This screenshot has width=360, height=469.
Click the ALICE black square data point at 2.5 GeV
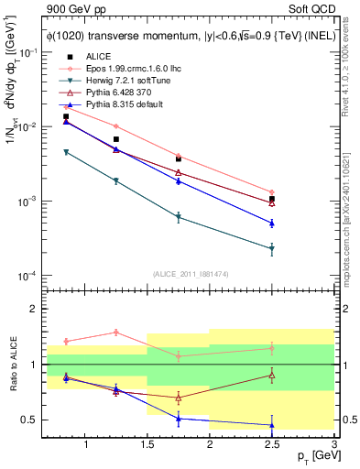(272, 199)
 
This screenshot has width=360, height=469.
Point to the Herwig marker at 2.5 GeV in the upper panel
(272, 249)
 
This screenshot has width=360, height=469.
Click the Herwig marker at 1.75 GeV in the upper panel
(179, 217)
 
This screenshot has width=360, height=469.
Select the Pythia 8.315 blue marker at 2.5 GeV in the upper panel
(272, 223)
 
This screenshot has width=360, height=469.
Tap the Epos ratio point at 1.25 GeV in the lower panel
(116, 333)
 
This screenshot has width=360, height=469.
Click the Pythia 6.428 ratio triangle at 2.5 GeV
(272, 375)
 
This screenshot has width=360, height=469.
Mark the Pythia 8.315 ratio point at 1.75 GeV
(179, 419)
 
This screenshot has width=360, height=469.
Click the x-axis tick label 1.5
(147, 445)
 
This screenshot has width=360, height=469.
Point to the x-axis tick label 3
(333, 445)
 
